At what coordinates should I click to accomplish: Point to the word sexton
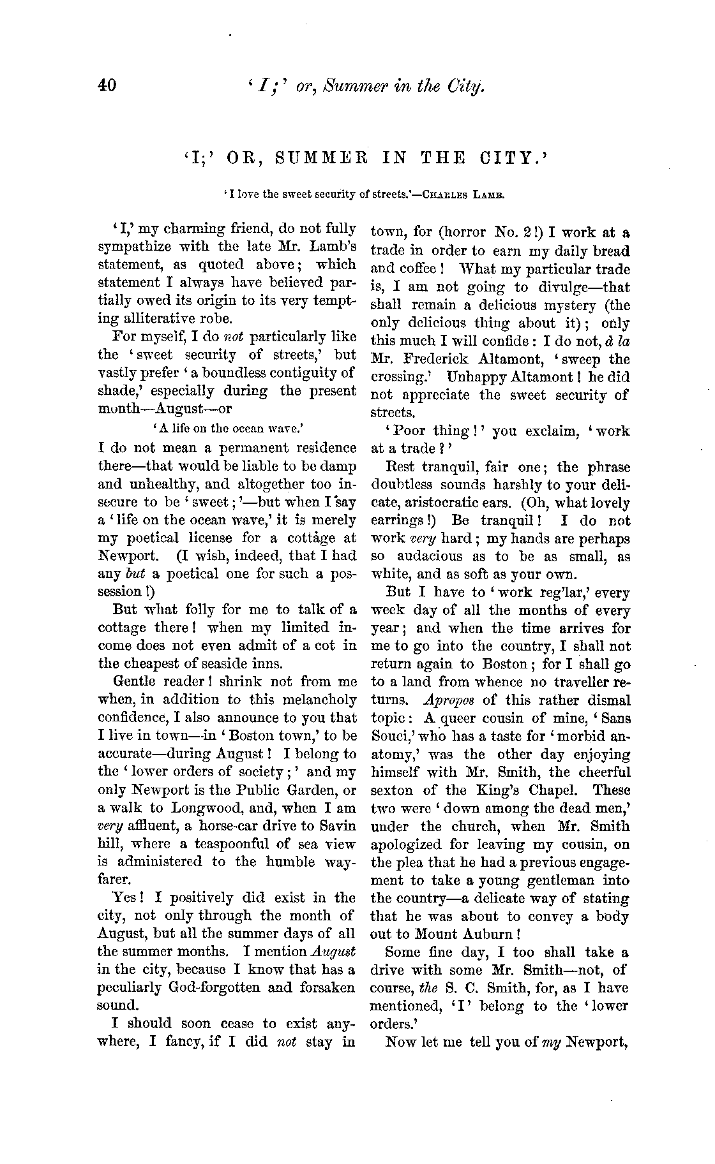pos(391,790)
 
